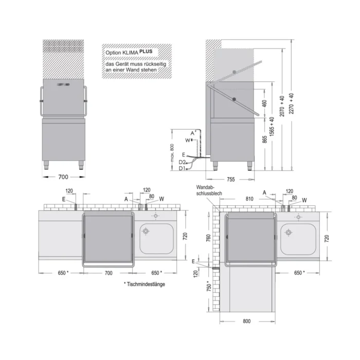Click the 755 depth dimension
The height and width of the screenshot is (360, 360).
coord(230,179)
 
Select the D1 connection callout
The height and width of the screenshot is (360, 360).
coord(182,168)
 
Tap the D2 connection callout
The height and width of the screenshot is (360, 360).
coord(182,162)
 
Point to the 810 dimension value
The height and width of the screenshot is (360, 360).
coord(250,198)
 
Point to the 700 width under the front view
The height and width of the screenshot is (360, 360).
coord(63,177)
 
